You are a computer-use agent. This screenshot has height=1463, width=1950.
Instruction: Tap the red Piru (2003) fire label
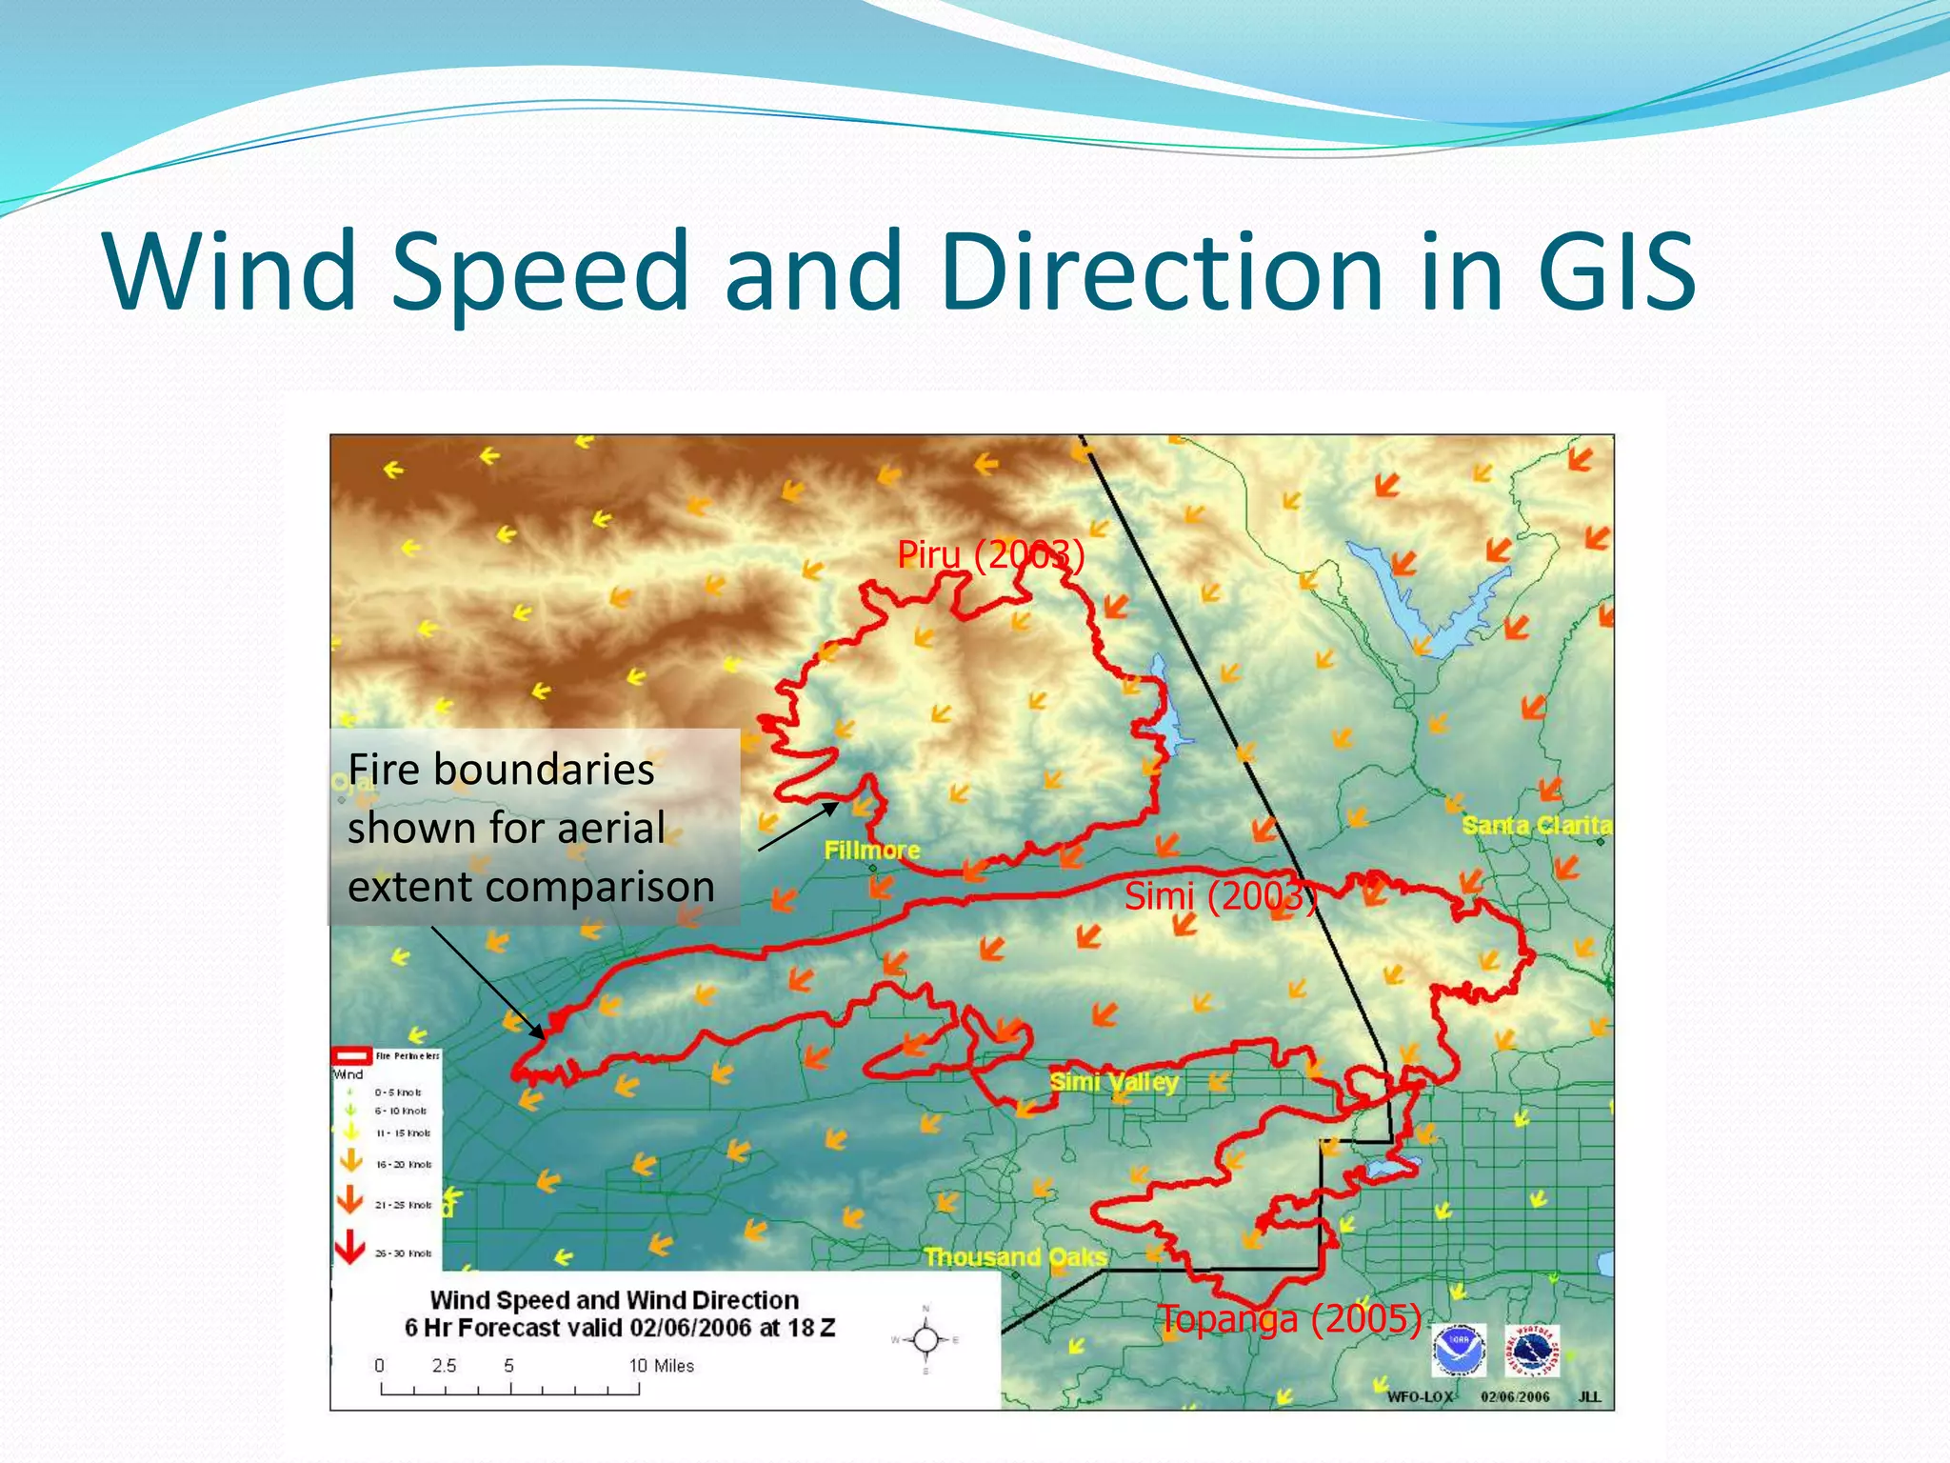point(990,554)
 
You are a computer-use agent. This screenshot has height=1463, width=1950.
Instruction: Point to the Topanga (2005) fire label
point(1290,1320)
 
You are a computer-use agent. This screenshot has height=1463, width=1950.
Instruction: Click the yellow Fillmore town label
point(871,850)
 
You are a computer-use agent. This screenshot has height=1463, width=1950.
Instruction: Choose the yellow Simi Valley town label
point(1114,1082)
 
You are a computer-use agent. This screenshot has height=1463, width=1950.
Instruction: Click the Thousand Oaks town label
point(1015,1257)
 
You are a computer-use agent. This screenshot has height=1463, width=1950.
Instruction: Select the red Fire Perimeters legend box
point(350,1055)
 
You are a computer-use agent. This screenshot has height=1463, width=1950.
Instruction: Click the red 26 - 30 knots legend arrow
point(350,1246)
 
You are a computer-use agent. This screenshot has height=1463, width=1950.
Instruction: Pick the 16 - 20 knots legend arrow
point(350,1160)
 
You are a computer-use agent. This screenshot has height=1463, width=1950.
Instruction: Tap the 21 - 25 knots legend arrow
point(350,1200)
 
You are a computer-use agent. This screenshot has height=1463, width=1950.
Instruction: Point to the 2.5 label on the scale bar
point(444,1366)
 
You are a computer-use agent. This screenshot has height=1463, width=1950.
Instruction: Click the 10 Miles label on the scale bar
point(661,1366)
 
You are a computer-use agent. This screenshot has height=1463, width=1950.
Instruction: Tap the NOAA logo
point(1459,1350)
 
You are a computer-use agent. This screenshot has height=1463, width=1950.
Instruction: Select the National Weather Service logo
point(1533,1350)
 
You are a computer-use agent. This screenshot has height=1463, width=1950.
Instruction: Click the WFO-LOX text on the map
point(1420,1397)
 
